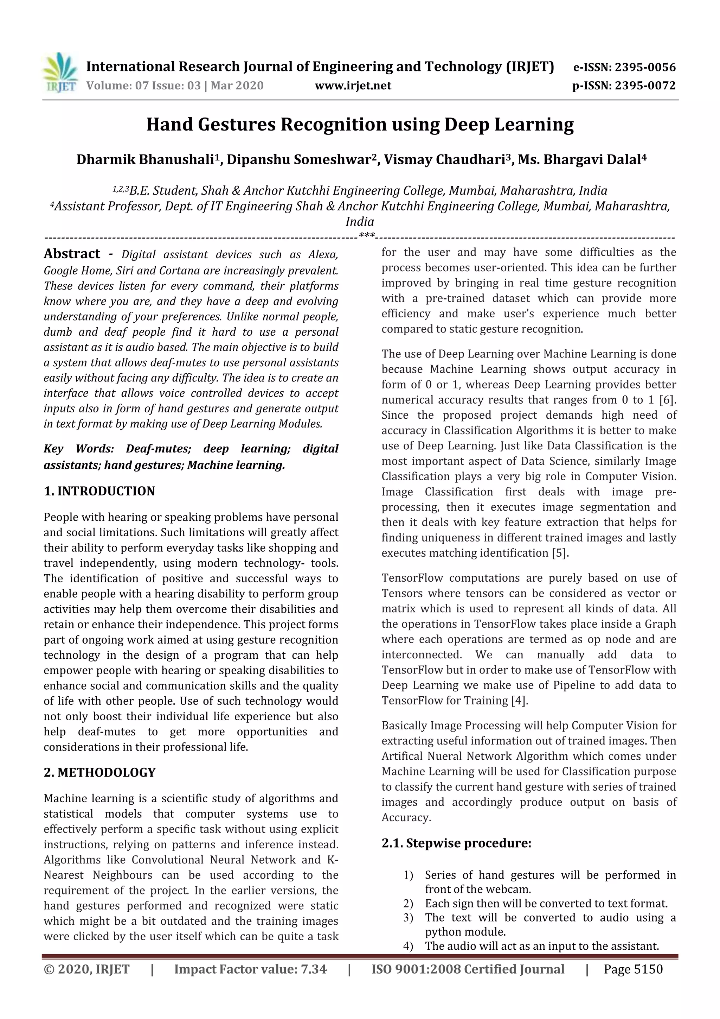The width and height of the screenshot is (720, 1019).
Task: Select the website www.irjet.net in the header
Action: [x=353, y=85]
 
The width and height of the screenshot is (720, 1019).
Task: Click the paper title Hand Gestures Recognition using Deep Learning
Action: [x=360, y=124]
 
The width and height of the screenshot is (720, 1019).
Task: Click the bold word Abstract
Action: [x=72, y=254]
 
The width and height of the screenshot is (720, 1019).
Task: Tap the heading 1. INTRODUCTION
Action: [x=99, y=491]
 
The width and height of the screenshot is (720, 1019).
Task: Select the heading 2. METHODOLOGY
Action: [x=99, y=772]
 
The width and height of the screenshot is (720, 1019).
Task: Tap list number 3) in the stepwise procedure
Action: [x=408, y=917]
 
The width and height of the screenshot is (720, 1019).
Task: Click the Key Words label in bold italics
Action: [x=78, y=449]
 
